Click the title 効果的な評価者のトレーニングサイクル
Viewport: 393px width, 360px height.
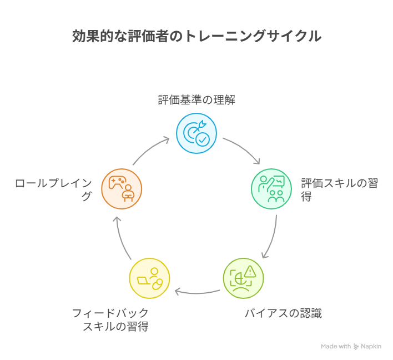pos(196,36)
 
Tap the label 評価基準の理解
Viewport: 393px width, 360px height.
pos(196,101)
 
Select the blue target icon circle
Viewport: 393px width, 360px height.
pos(196,133)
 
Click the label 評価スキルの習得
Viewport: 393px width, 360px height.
pos(339,189)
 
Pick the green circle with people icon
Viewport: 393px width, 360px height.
pos(271,189)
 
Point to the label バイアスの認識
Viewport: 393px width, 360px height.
pos(283,313)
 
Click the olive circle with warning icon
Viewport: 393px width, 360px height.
pos(243,278)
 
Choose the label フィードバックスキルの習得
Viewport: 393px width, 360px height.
pos(110,319)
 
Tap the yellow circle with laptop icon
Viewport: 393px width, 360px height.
pos(149,278)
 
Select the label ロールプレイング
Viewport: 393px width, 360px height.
pos(54,189)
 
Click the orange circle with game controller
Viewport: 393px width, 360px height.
pos(122,189)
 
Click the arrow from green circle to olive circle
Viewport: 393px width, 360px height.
pos(271,236)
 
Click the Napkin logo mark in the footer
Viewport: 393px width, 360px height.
pos(356,347)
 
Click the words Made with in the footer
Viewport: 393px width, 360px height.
pos(336,347)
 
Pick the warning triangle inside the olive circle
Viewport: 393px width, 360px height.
pos(250,272)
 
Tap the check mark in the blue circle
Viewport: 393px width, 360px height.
pos(202,139)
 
